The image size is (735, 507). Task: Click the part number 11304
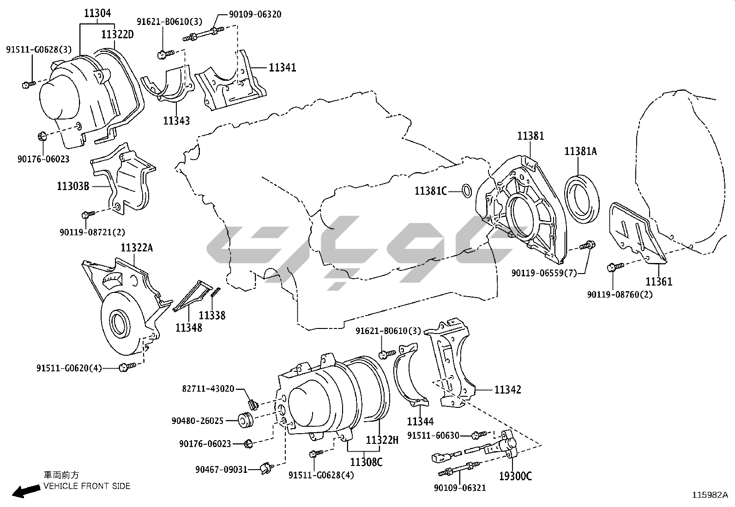(97, 13)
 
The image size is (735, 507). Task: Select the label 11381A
(580, 151)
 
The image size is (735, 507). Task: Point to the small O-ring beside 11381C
(466, 190)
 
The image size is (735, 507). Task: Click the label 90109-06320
(255, 15)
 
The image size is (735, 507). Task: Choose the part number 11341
(283, 68)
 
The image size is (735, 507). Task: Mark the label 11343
(176, 120)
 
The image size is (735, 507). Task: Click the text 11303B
(73, 186)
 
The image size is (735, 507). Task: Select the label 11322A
(137, 248)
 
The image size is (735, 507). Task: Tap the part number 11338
(212, 316)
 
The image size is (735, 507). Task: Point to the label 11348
(189, 328)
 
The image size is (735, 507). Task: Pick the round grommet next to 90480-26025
(245, 420)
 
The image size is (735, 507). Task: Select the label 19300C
(515, 476)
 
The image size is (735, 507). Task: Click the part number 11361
(659, 281)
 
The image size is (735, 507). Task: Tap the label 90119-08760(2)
(620, 294)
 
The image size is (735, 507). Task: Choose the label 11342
(508, 390)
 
